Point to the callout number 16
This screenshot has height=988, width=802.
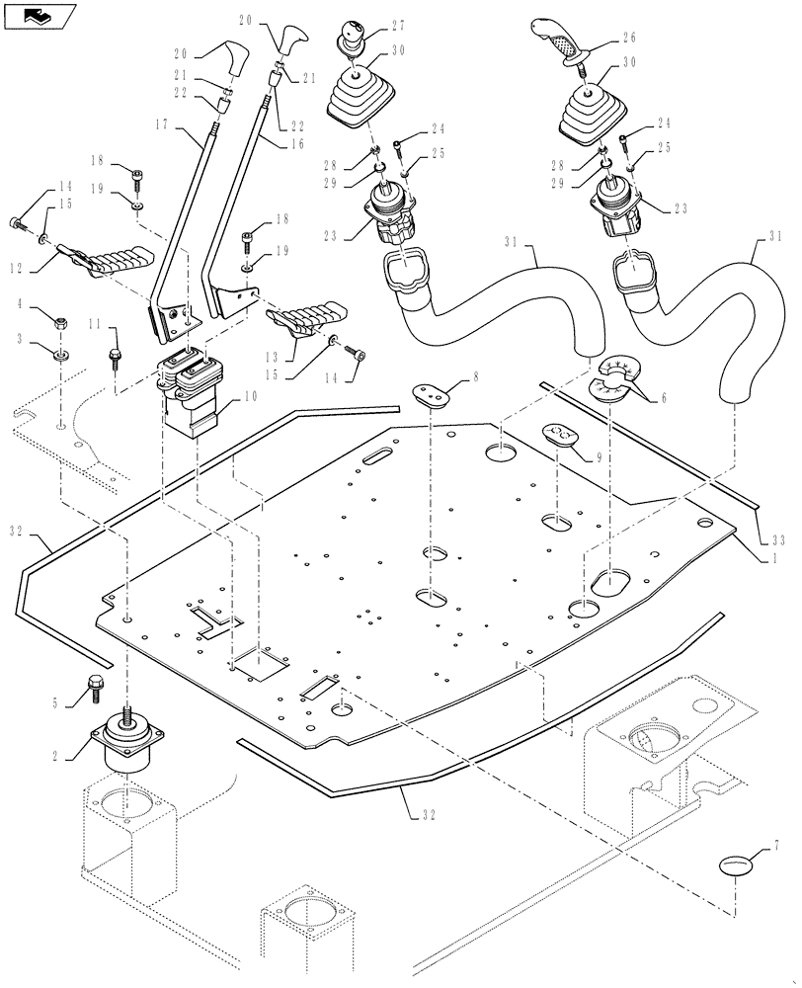295,143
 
